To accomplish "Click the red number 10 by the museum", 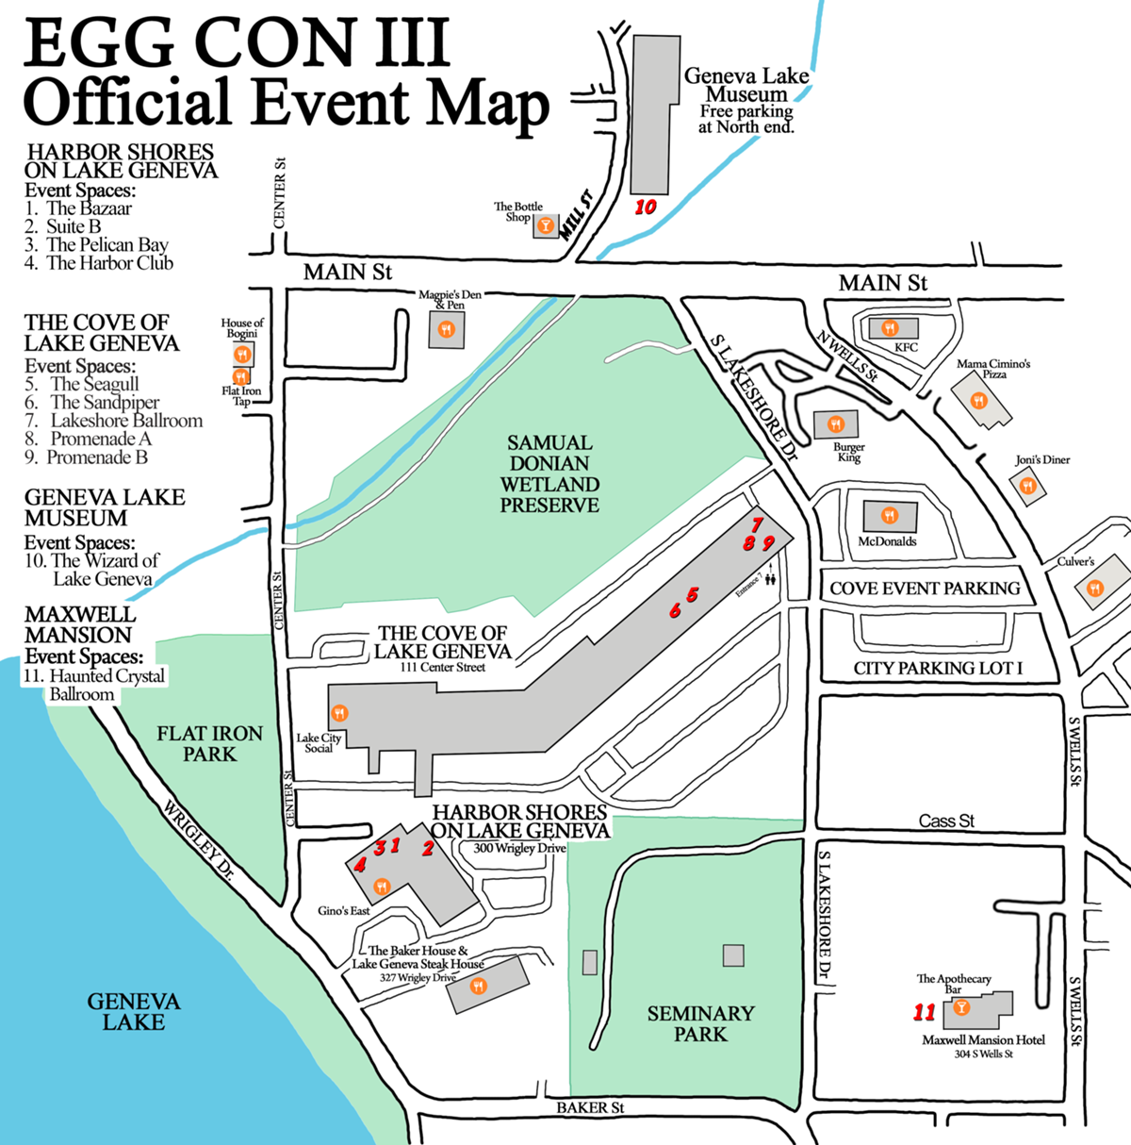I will coord(645,207).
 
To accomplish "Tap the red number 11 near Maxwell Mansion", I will coord(924,1012).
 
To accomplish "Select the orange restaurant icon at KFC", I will coord(889,328).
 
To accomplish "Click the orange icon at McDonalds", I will coord(889,515).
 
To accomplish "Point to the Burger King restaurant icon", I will coord(836,423).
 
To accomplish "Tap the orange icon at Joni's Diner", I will coord(1028,486).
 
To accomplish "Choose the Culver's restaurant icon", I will coord(1094,589).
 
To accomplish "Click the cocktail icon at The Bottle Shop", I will coord(545,226).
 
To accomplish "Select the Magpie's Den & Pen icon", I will coord(447,329).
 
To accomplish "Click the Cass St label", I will coord(946,821).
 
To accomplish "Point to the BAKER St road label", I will coord(590,1107).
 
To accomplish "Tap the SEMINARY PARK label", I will coord(700,1023).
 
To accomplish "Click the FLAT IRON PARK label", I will coord(209,743).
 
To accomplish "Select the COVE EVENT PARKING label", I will coord(925,588).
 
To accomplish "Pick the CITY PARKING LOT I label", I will coord(938,668).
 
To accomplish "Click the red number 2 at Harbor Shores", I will coord(428,848).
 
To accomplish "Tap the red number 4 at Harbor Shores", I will coord(360,864).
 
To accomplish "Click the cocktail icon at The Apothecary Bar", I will coord(961,1007).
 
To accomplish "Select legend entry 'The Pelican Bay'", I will coord(107,244).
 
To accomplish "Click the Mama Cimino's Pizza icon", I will coord(978,401).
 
